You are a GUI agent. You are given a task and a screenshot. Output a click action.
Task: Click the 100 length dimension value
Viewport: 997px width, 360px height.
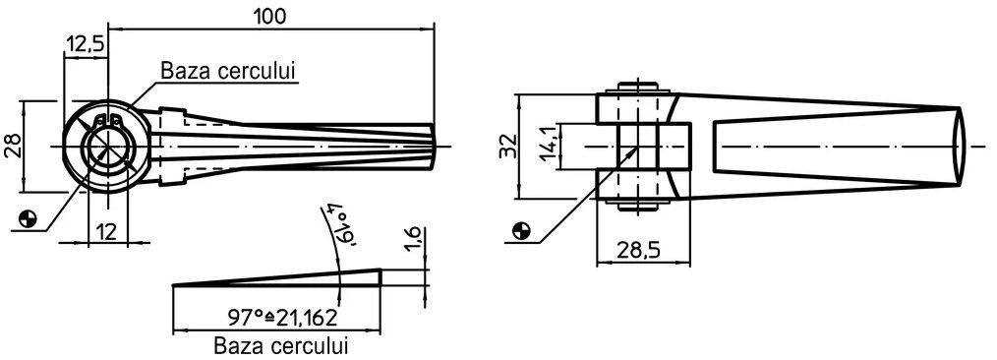[270, 16]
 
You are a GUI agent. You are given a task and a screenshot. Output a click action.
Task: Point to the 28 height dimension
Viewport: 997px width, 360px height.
[12, 147]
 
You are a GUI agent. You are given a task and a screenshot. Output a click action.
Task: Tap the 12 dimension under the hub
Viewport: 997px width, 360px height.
[107, 231]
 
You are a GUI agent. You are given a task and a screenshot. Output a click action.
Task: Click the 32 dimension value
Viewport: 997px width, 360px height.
[508, 146]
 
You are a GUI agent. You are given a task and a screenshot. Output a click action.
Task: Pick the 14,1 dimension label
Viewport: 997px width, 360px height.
[549, 146]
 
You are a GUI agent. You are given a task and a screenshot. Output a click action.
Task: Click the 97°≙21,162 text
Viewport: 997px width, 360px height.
[281, 316]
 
